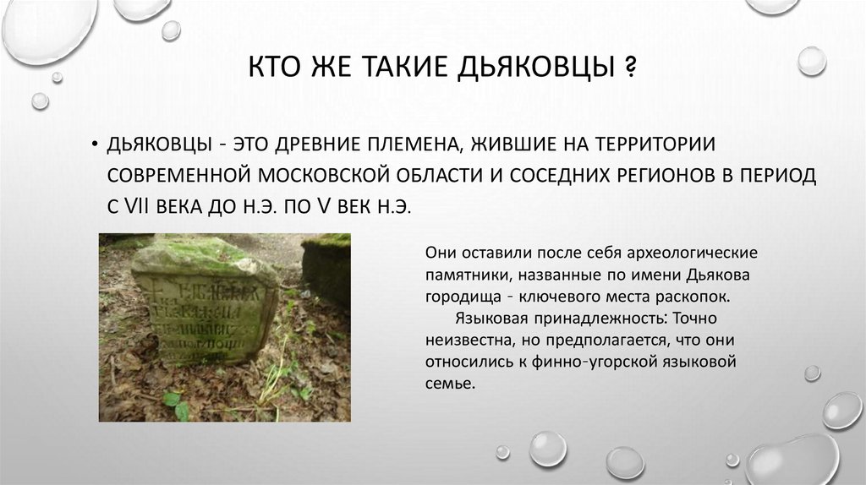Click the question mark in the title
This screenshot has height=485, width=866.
(x=630, y=67)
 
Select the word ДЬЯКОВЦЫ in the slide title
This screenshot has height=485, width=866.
(x=536, y=67)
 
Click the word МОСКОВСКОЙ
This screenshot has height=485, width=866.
(x=321, y=176)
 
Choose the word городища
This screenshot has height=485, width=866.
(x=467, y=297)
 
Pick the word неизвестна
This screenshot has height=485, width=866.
(x=468, y=341)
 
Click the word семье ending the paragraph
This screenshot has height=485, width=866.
(x=451, y=384)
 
